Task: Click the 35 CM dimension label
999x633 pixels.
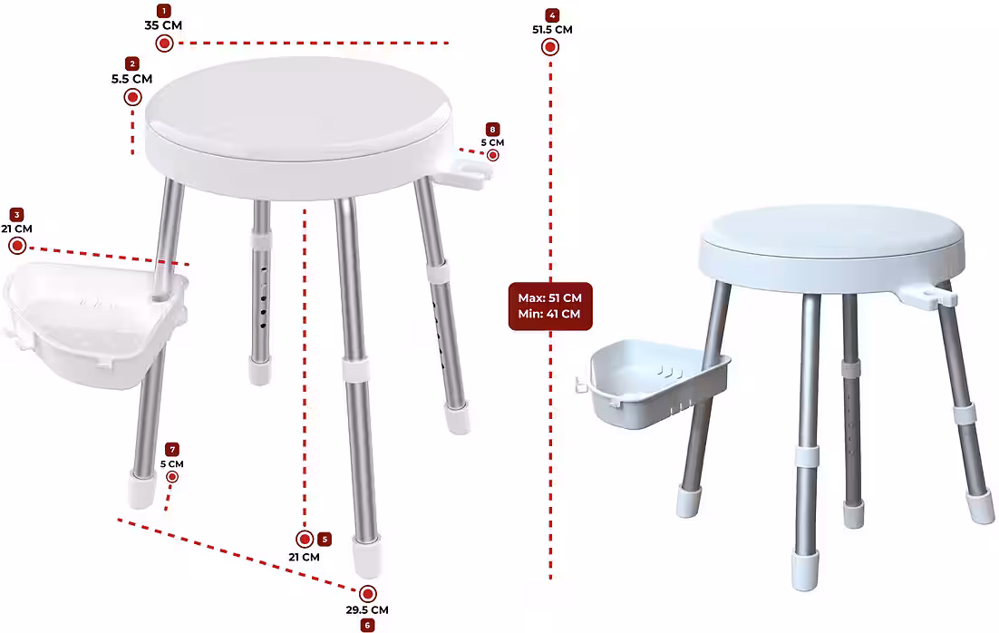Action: [163, 25]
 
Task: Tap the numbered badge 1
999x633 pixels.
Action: [164, 11]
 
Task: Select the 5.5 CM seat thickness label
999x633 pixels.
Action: [131, 79]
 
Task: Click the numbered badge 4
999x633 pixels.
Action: [552, 15]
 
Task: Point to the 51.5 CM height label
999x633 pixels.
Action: [552, 29]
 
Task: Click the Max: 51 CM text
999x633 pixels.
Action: [550, 297]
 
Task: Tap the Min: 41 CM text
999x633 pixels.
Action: [549, 314]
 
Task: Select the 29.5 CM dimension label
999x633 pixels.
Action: [367, 610]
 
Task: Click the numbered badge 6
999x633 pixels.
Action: [367, 626]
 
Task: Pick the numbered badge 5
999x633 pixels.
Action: [325, 540]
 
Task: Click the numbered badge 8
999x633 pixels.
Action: [492, 130]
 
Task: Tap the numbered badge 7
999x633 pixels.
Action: [172, 450]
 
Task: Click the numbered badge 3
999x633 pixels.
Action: [17, 215]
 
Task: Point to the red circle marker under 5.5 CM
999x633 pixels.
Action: [132, 98]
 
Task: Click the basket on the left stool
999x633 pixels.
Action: [95, 324]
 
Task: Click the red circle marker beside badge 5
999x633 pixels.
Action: [306, 540]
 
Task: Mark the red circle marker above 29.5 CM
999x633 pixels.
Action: [368, 594]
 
